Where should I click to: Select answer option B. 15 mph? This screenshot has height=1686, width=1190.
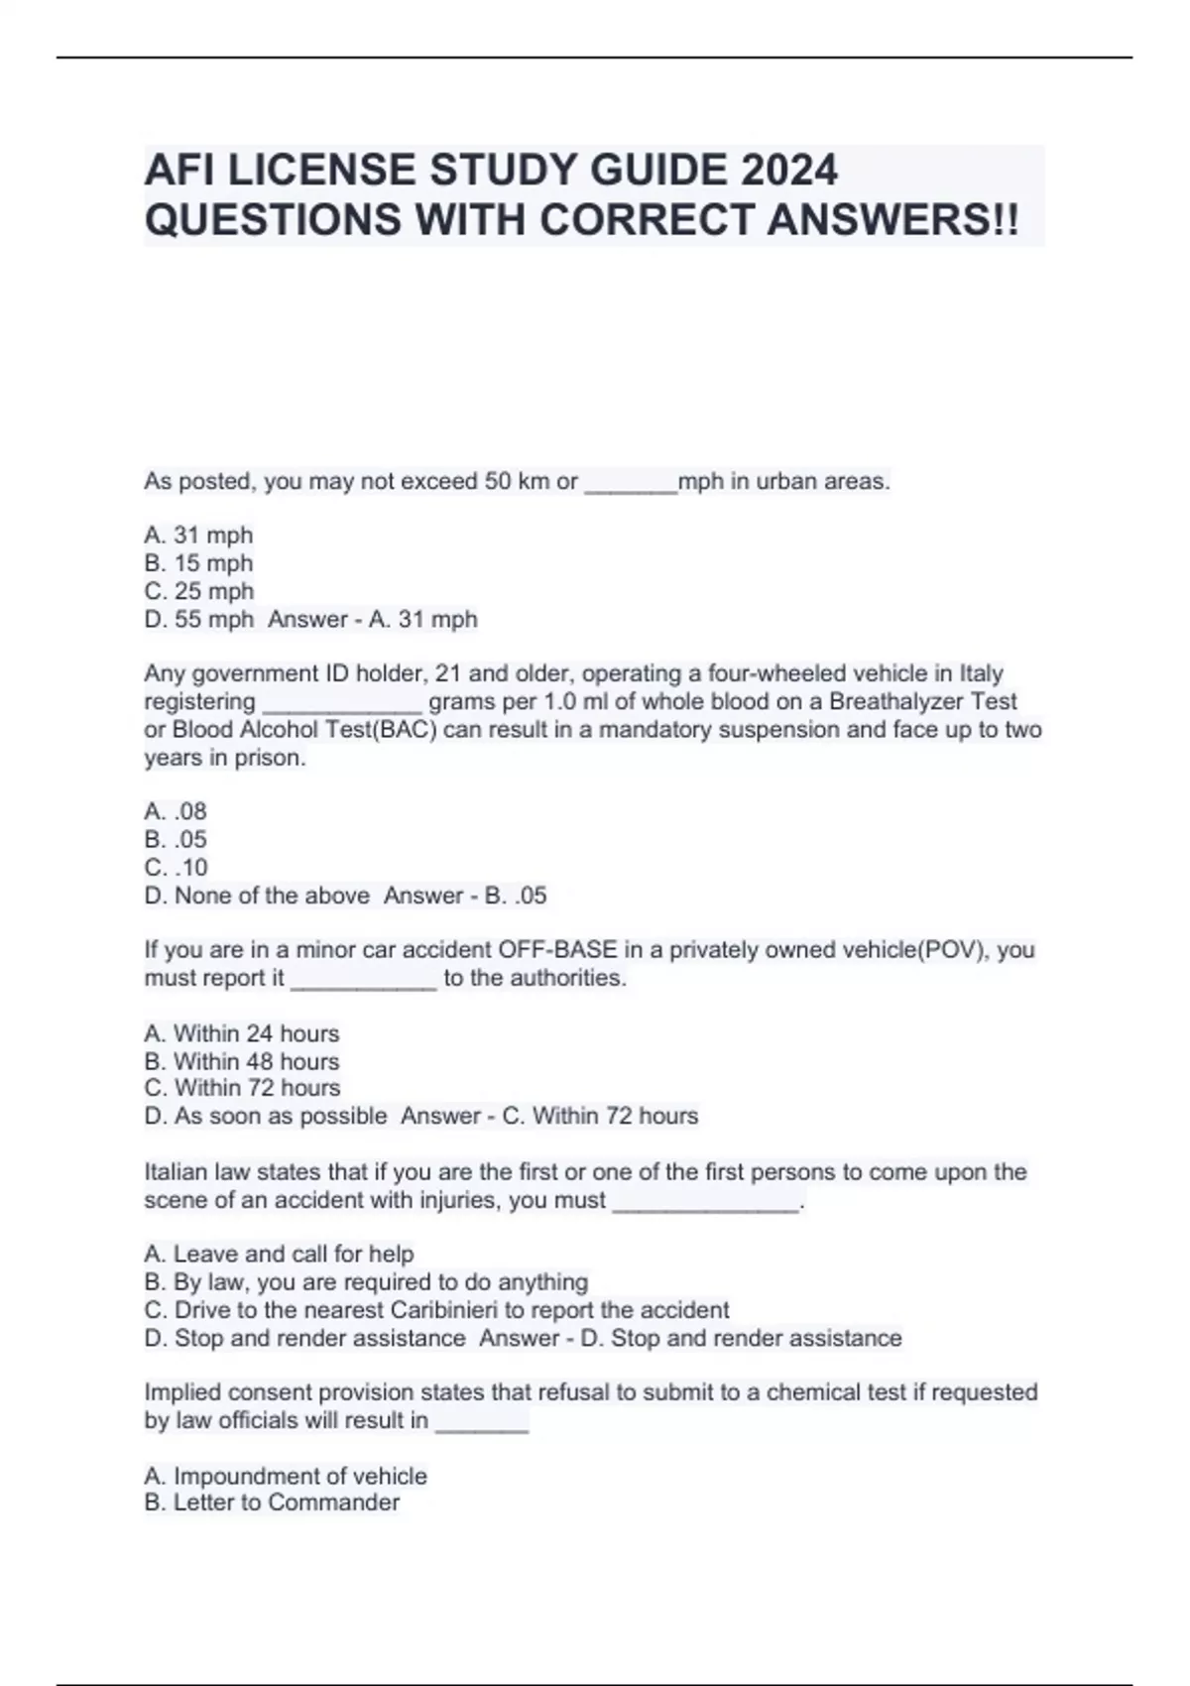tap(198, 563)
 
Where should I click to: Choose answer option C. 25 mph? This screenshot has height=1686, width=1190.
tap(198, 591)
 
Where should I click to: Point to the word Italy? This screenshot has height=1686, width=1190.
tap(981, 673)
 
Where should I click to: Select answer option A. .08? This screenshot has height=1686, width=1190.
tap(176, 811)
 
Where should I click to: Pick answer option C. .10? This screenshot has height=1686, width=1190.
tap(176, 868)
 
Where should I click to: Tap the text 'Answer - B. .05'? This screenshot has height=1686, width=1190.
tap(465, 896)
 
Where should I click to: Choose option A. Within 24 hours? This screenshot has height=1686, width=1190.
tap(241, 1033)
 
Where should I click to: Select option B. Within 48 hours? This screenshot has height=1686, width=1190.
tap(241, 1061)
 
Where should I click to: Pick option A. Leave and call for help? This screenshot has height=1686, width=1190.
tap(279, 1254)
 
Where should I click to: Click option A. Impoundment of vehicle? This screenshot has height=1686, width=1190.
tap(286, 1476)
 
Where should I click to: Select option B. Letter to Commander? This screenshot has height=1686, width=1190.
tap(272, 1503)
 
